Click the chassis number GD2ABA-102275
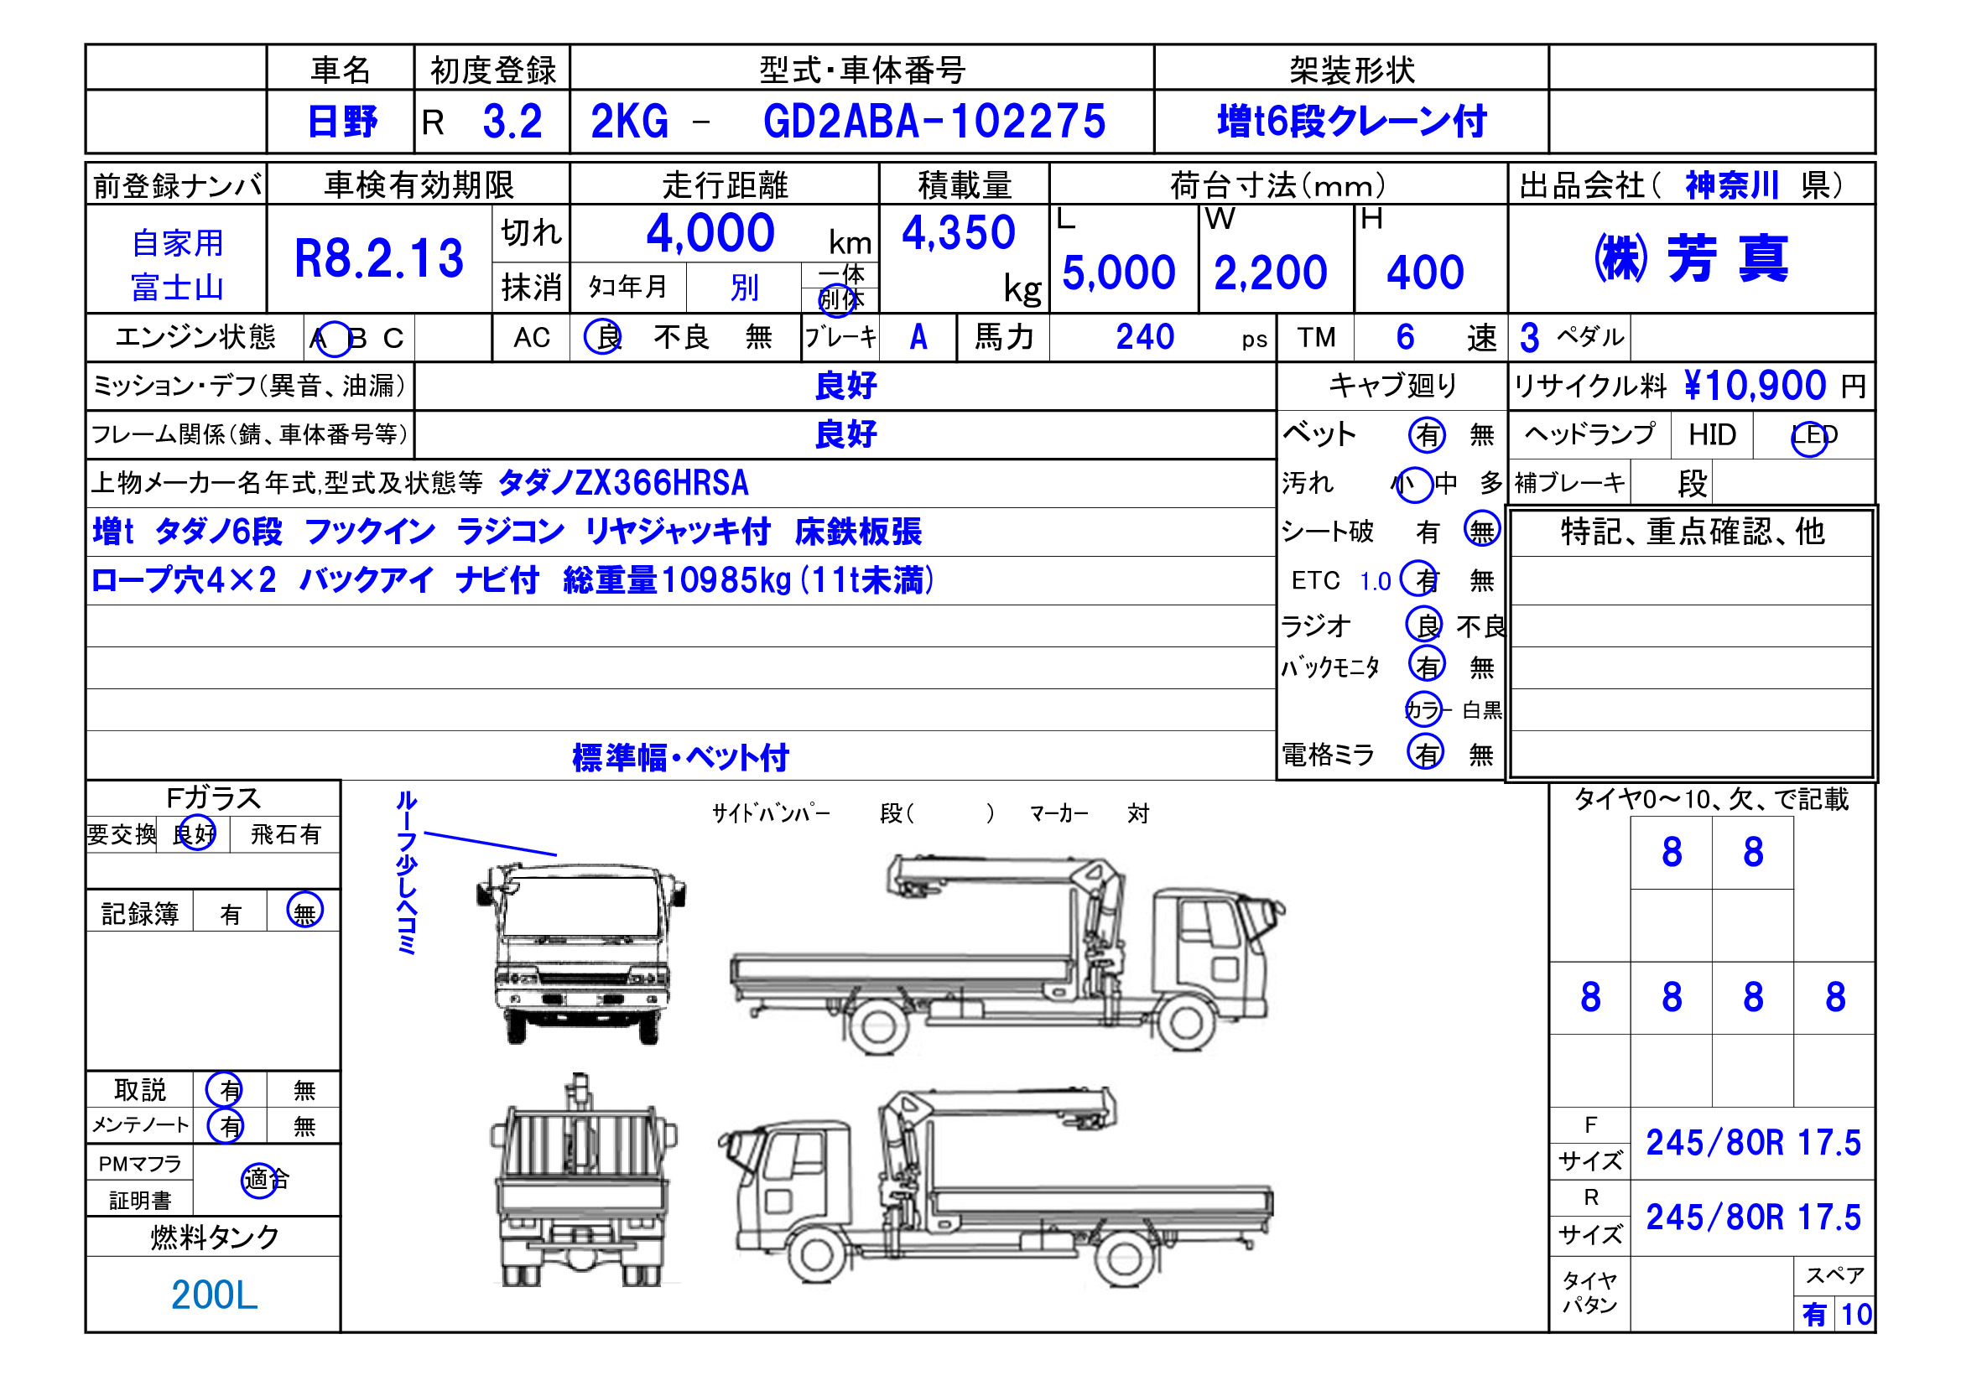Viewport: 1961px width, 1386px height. pyautogui.click(x=934, y=122)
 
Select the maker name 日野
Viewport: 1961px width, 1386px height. pyautogui.click(x=341, y=122)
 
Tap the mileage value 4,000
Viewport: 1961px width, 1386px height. pyautogui.click(x=710, y=233)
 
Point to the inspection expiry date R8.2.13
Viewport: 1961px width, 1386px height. pyautogui.click(x=378, y=259)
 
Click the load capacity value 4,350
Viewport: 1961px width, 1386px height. pyautogui.click(x=959, y=232)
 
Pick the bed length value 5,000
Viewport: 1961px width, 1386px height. pyautogui.click(x=1119, y=273)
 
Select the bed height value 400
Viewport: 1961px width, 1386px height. pyautogui.click(x=1426, y=273)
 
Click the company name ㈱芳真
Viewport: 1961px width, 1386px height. pyautogui.click(x=1691, y=258)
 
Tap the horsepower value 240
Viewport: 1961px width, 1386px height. pyautogui.click(x=1145, y=337)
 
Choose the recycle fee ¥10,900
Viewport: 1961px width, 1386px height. pyautogui.click(x=1756, y=386)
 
